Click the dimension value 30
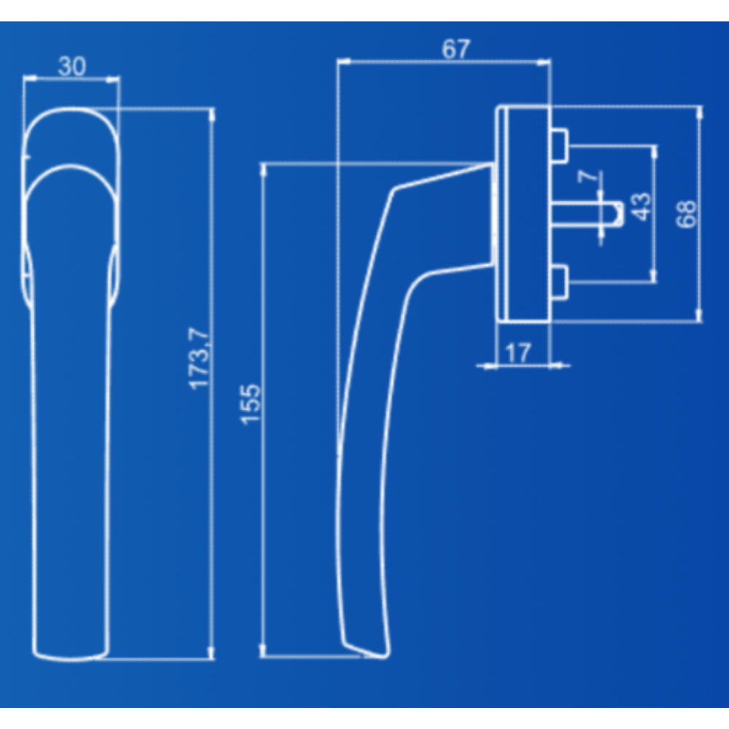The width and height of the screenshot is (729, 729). (72, 66)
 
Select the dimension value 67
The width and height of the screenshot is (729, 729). (456, 49)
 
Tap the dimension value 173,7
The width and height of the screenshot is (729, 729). (200, 358)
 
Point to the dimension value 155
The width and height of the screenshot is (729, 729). (251, 404)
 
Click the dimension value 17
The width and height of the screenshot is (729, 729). (518, 353)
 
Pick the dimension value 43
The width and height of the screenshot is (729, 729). (641, 206)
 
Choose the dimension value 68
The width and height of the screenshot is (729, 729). (686, 214)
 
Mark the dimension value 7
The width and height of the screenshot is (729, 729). (588, 176)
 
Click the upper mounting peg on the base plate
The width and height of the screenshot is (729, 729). (559, 146)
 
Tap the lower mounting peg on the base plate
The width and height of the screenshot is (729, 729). (559, 282)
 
